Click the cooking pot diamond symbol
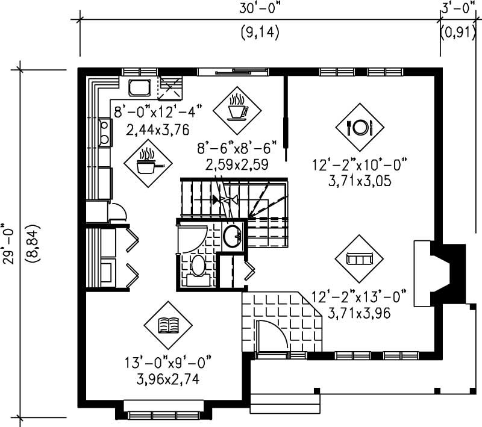coord(146,161)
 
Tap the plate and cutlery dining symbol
coord(360,126)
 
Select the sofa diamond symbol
coord(360,258)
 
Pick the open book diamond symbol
coord(167,326)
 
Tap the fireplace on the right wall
coord(439,273)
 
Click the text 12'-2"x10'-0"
coord(361,164)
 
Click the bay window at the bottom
coord(164,414)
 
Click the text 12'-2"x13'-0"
coord(360,296)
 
